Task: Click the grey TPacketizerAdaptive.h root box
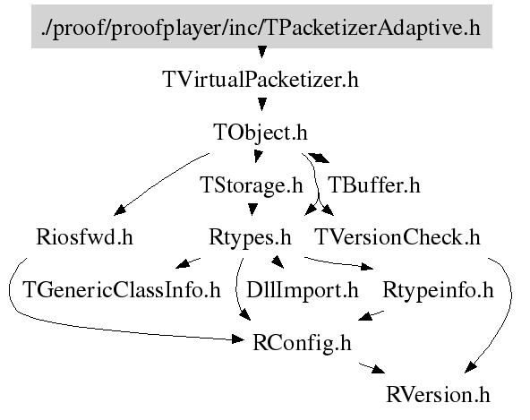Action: click(261, 26)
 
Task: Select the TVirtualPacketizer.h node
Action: click(261, 80)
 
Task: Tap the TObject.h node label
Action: click(261, 133)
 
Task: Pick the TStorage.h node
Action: click(252, 185)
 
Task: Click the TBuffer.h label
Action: click(374, 185)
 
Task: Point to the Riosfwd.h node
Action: click(84, 236)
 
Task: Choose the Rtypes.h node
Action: click(250, 237)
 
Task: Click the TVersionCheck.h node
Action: click(397, 236)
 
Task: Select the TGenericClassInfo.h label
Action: click(122, 290)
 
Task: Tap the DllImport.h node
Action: click(303, 290)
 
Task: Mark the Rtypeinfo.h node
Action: click(438, 290)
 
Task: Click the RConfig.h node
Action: click(302, 343)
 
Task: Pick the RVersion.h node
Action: click(438, 395)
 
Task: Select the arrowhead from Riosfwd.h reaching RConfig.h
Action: click(237, 339)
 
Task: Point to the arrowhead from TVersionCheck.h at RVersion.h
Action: click(470, 367)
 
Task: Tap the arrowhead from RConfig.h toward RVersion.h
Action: click(378, 369)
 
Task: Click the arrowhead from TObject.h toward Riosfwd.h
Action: click(120, 210)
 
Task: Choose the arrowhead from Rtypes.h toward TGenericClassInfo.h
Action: click(183, 263)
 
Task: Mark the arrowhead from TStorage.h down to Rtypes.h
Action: click(252, 209)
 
